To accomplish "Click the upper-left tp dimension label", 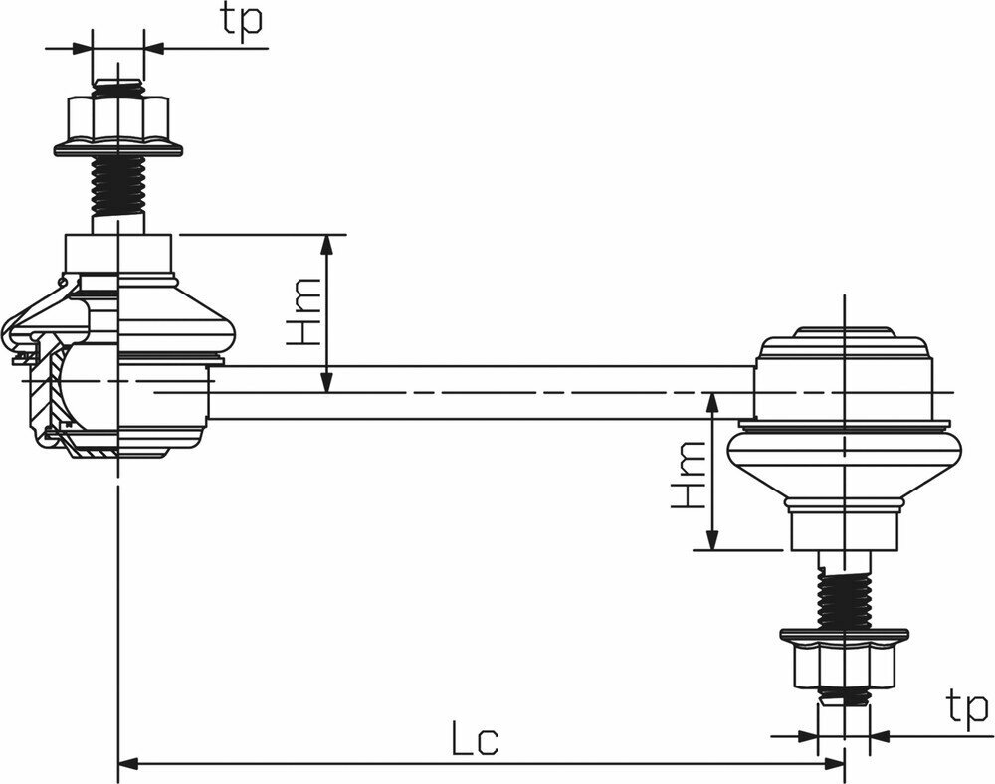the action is pyautogui.click(x=241, y=20).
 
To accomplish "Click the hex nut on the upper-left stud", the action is pyautogui.click(x=117, y=119).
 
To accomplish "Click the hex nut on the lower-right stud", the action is pyautogui.click(x=844, y=665).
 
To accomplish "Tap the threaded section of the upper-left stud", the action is pyautogui.click(x=118, y=186).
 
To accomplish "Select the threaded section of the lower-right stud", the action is pyautogui.click(x=844, y=599).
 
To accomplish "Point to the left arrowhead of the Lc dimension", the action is pyautogui.click(x=128, y=763).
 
